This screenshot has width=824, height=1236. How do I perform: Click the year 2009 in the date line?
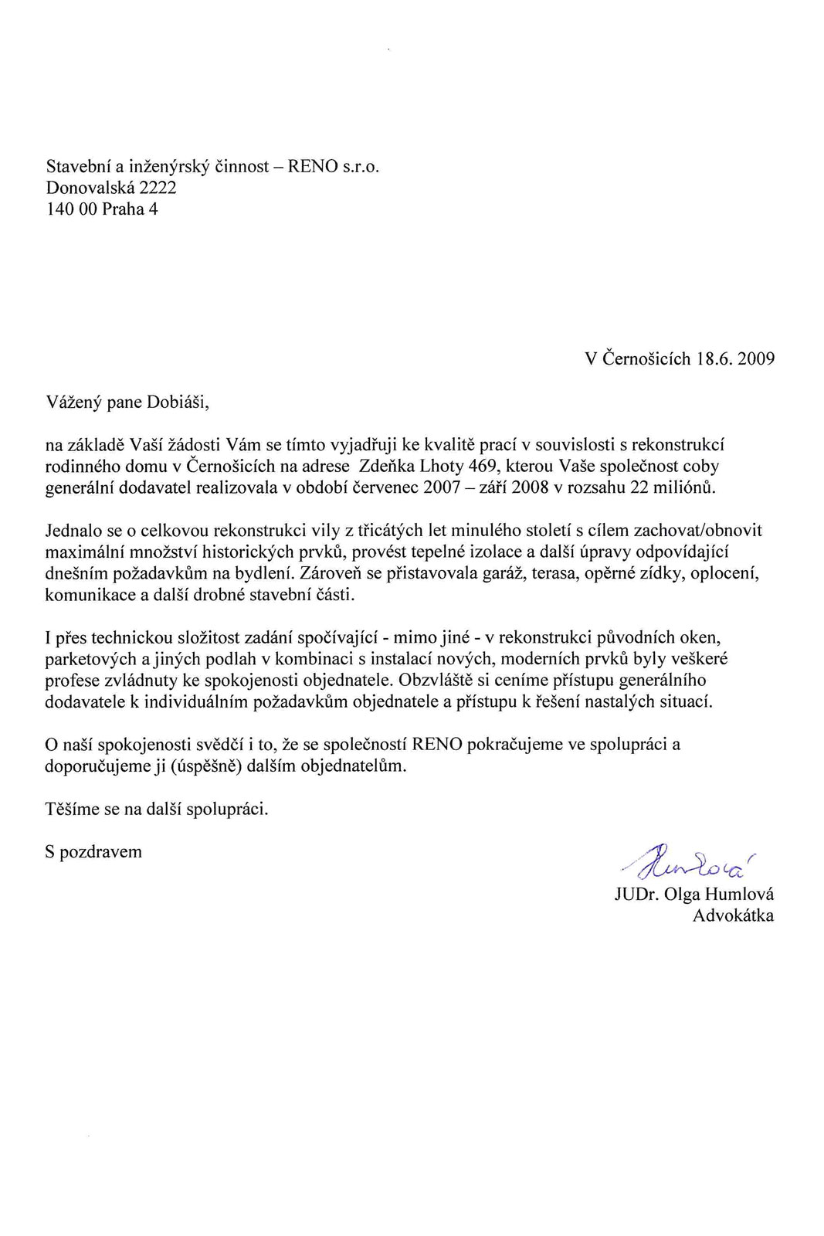(x=756, y=359)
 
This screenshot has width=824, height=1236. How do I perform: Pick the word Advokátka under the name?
(x=733, y=916)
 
